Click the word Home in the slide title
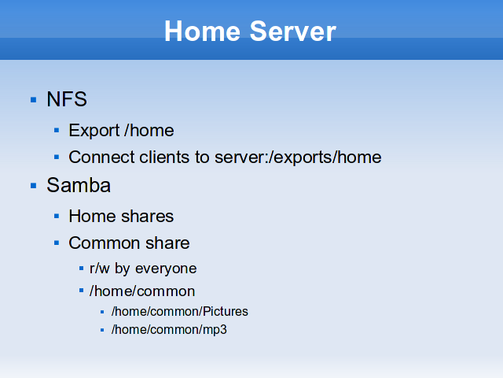tap(202, 31)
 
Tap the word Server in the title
tap(292, 31)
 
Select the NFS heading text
tap(67, 98)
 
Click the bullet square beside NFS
tap(33, 100)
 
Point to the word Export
tap(94, 131)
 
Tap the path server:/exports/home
tap(298, 157)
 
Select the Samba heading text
tap(79, 185)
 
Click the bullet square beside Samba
tap(33, 186)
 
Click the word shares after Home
tap(148, 216)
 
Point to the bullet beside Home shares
tap(57, 216)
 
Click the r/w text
tap(100, 269)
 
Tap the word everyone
tap(166, 269)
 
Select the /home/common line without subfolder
tap(142, 291)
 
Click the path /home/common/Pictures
tap(180, 312)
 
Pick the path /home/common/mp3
tap(169, 330)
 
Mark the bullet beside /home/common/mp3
tap(102, 330)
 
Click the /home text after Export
tap(149, 131)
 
